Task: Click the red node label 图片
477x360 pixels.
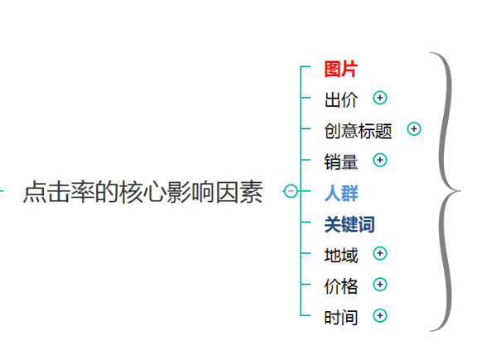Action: point(340,69)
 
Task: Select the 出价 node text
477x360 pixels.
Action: point(340,99)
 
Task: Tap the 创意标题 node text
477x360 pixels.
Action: point(358,131)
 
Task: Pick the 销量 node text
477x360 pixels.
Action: point(340,161)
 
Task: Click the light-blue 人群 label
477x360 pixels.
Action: point(341,193)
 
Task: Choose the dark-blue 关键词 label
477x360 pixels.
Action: point(349,224)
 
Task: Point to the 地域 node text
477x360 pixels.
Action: point(340,255)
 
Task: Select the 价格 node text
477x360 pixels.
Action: point(340,286)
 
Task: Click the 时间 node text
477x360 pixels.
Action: point(340,318)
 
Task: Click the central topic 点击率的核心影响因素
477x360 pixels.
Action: point(143,191)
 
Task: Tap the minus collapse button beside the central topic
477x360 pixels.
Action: point(291,191)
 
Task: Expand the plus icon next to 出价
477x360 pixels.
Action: point(380,98)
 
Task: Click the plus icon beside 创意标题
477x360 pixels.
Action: point(414,129)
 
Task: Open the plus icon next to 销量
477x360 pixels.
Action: point(380,161)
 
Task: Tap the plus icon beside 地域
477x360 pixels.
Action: point(380,253)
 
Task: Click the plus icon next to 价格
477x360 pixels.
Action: point(380,285)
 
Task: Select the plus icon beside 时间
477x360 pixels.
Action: point(380,315)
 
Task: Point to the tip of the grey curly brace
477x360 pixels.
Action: point(460,191)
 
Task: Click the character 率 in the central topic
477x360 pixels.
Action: point(83,191)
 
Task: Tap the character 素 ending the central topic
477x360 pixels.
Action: point(251,191)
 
